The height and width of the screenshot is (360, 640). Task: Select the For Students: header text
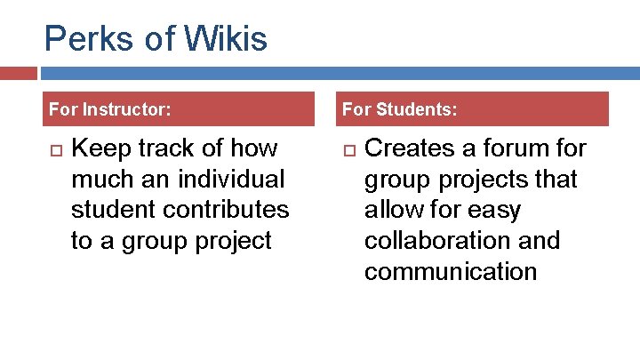[x=400, y=109]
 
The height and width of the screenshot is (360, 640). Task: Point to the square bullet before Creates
[x=348, y=148]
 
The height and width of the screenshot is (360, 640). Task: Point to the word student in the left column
[x=110, y=210]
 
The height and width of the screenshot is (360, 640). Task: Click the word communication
[x=451, y=272]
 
